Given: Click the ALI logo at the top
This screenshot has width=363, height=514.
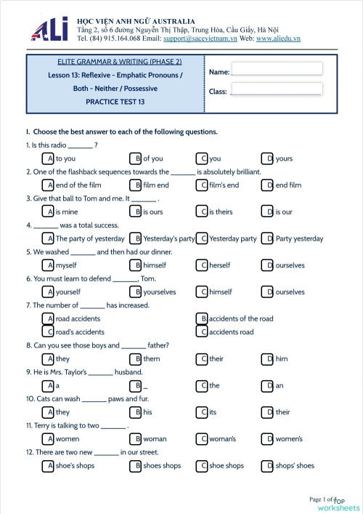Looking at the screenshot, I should point(49,28).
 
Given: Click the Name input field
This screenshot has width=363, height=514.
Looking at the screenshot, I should point(276,69).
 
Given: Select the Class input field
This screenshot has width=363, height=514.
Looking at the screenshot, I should point(276,89).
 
